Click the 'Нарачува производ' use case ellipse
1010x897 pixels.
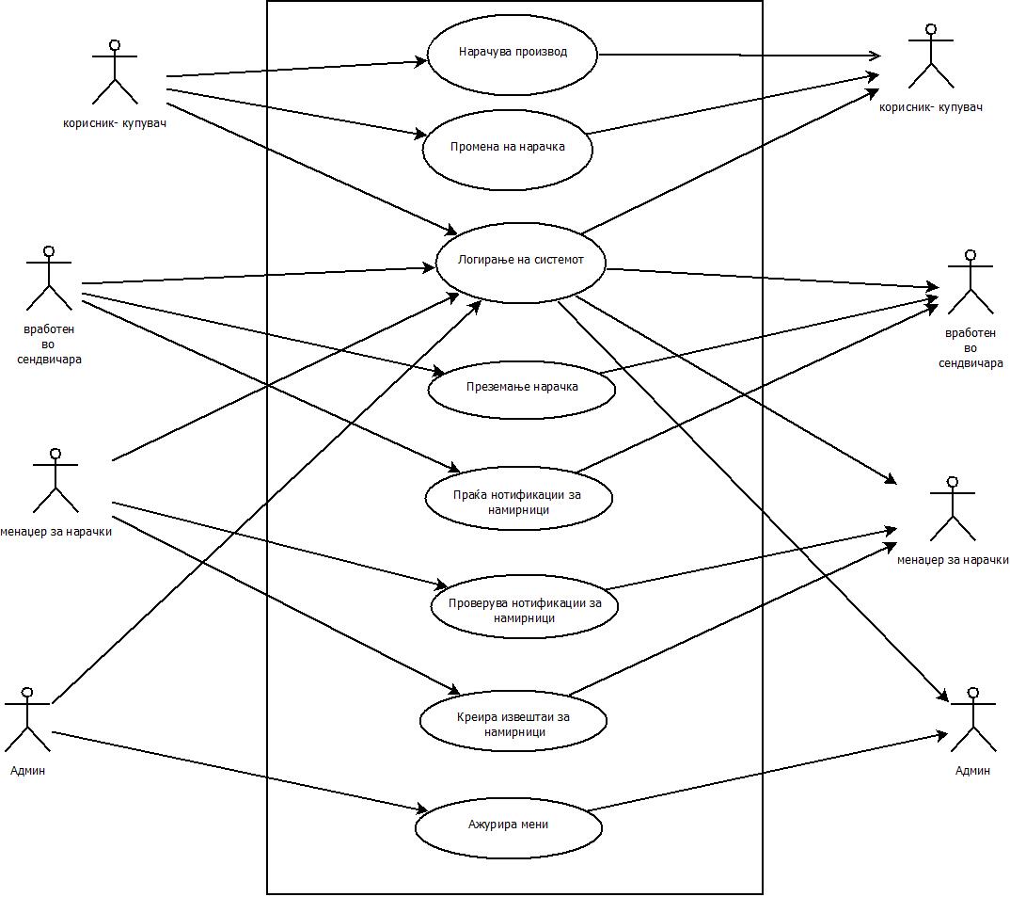513,54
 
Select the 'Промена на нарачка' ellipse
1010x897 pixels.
508,148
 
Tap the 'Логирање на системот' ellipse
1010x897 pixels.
520,262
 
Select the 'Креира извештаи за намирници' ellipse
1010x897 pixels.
513,722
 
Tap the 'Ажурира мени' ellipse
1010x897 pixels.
508,825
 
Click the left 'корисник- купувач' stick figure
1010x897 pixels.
115,72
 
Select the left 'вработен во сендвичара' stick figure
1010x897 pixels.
49,280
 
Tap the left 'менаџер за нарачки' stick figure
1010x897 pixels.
55,482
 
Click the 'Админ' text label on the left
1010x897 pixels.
26,771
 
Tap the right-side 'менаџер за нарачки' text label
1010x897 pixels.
953,560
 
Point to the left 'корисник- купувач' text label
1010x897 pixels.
114,122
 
